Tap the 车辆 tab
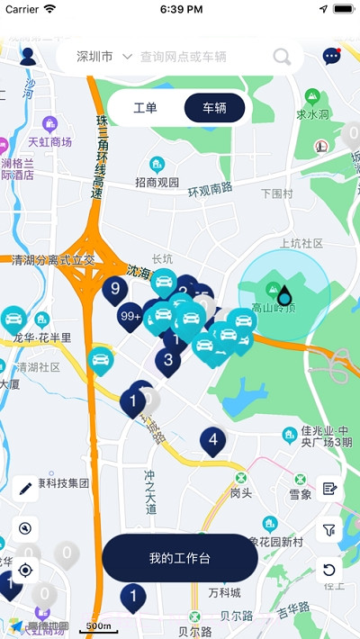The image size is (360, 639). point(214,108)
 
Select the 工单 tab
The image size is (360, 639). point(145,108)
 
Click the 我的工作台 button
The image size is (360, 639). point(180,558)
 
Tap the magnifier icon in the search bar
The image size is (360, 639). point(282,58)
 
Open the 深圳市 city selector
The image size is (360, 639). point(103,57)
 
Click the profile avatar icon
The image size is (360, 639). point(28,57)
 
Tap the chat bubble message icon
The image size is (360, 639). point(332,57)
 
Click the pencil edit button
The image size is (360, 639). point(26,489)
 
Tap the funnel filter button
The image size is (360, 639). point(329,530)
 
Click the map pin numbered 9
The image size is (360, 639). point(115,289)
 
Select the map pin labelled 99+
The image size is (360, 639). point(130,316)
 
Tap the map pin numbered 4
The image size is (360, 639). point(212,440)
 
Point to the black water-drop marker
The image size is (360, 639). point(284,294)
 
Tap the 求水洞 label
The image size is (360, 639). point(313,114)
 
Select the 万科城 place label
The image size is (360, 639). point(224,592)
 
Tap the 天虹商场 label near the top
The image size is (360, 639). point(49,141)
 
